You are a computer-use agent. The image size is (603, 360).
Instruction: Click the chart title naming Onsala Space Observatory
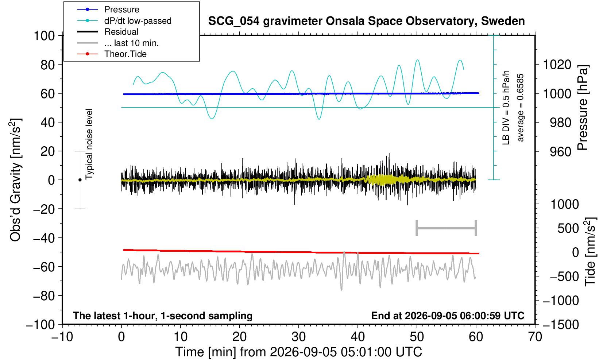point(366,21)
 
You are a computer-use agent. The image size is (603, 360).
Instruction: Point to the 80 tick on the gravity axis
point(48,65)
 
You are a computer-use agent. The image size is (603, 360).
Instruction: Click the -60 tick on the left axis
point(44,267)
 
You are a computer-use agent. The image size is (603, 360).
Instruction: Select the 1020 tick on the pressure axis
point(557,65)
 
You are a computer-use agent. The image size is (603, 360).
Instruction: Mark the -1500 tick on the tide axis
point(561,325)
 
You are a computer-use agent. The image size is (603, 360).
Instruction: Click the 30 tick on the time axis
point(298,337)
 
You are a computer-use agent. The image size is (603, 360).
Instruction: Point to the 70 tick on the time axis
point(535,337)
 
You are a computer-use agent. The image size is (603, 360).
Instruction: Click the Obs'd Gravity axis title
point(15,180)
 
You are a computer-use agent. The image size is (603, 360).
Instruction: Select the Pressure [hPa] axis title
point(583,108)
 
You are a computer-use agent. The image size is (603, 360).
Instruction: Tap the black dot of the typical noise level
point(80,180)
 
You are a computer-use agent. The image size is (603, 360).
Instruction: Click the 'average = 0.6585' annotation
point(521,108)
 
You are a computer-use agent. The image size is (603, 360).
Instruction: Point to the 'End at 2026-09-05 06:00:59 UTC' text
point(448,316)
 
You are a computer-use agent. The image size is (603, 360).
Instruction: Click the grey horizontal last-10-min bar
point(447,228)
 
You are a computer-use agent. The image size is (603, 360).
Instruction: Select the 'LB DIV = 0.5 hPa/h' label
point(506,108)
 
